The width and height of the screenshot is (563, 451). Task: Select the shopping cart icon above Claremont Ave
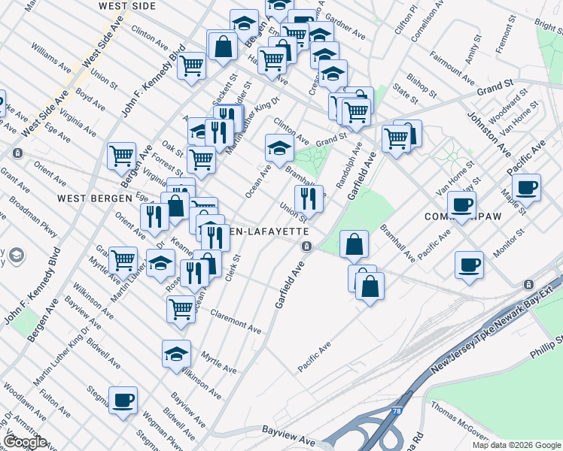[x=181, y=307]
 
